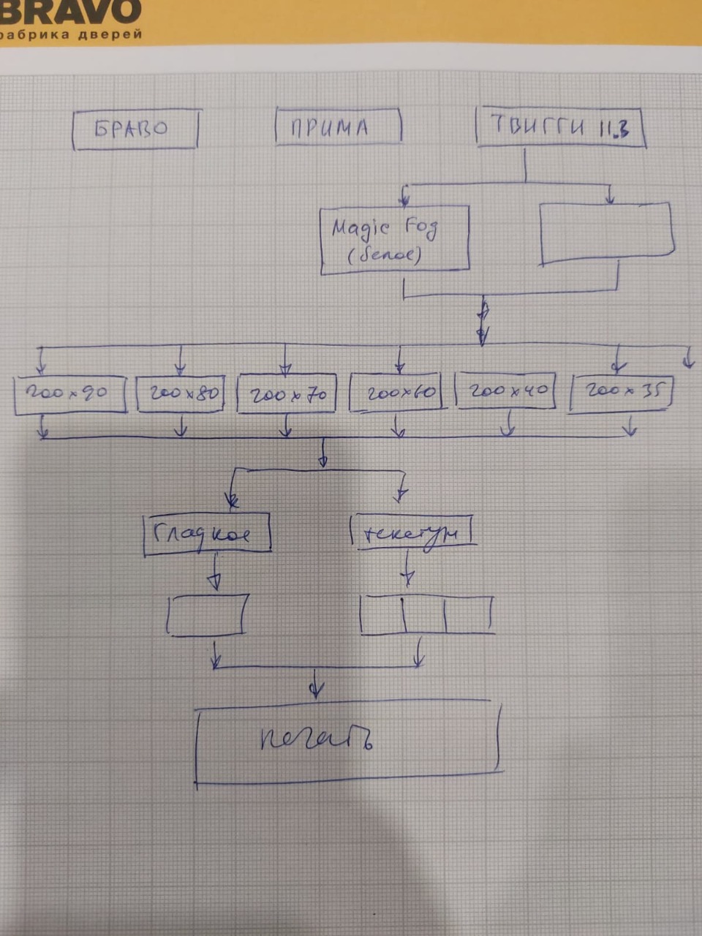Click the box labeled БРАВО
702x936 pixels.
tap(136, 129)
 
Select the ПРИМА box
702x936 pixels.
tap(338, 127)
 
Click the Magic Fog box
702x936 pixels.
tap(394, 240)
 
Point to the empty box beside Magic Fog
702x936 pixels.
tap(605, 233)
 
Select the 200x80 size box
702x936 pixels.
tap(181, 394)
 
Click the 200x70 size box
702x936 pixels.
tap(287, 395)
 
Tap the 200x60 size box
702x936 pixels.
tap(396, 393)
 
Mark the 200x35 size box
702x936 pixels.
tap(621, 392)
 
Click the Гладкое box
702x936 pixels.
tap(208, 533)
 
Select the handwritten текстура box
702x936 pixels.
tap(412, 532)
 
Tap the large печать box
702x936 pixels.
tap(347, 741)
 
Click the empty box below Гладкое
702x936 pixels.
tap(208, 614)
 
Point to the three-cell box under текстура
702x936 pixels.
tap(427, 614)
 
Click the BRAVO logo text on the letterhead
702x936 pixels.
tap(69, 11)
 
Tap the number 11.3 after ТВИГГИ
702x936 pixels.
tap(614, 129)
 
